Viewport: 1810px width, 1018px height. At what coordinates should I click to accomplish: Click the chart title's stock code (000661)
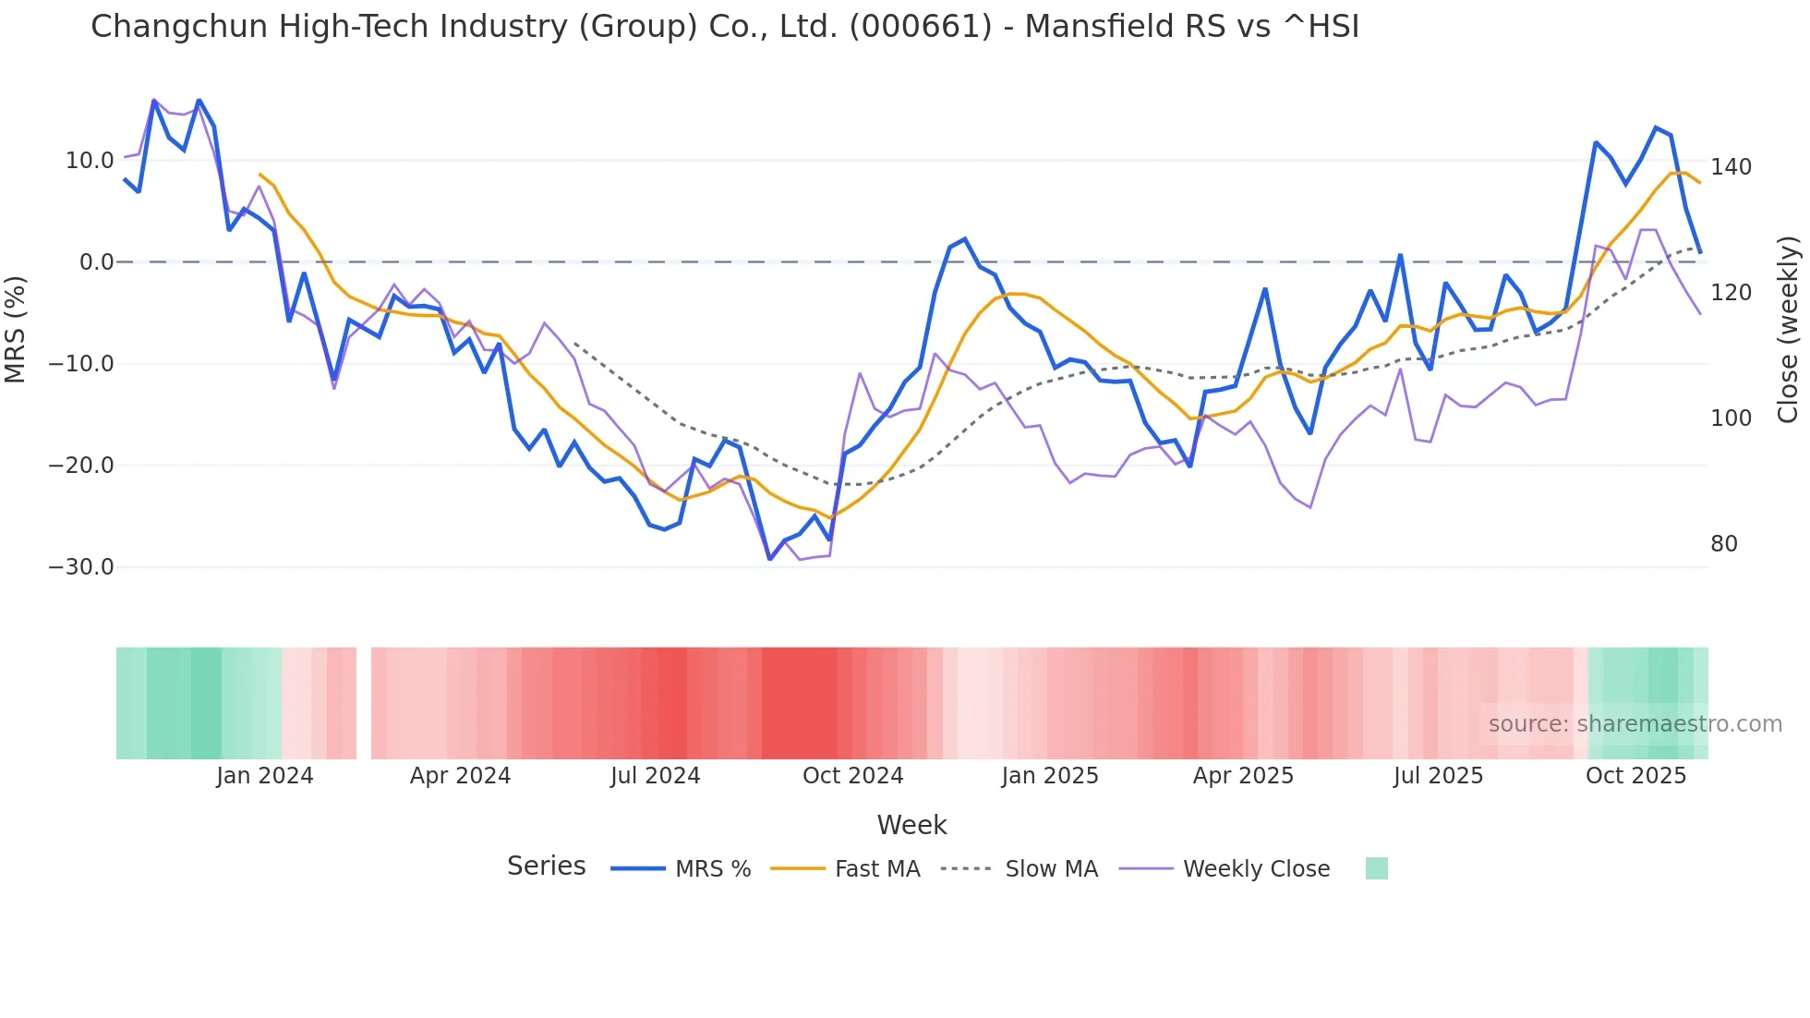920,27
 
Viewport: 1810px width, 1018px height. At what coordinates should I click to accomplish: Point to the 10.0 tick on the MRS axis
90,161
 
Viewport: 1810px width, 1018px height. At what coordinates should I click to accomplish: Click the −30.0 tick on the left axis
81,567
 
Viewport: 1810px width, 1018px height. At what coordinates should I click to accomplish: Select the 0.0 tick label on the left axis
96,262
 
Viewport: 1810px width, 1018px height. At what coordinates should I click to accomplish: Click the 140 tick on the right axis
1730,167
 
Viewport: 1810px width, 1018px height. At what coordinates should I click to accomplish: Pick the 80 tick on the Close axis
1723,544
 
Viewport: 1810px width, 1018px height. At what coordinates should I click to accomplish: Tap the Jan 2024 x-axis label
265,776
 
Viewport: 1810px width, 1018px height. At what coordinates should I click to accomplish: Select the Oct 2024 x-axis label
852,776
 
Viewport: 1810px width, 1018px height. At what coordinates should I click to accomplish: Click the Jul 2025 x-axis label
1438,776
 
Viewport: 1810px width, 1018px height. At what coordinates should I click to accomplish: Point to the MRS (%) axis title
16,329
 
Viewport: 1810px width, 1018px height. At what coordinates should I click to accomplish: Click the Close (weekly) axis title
1788,329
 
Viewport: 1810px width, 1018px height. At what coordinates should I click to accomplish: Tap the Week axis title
911,825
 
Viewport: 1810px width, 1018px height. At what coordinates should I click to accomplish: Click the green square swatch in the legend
1376,868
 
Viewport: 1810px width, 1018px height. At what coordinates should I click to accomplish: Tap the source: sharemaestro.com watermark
1635,724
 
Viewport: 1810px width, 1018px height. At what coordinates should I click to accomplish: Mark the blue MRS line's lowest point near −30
770,559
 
